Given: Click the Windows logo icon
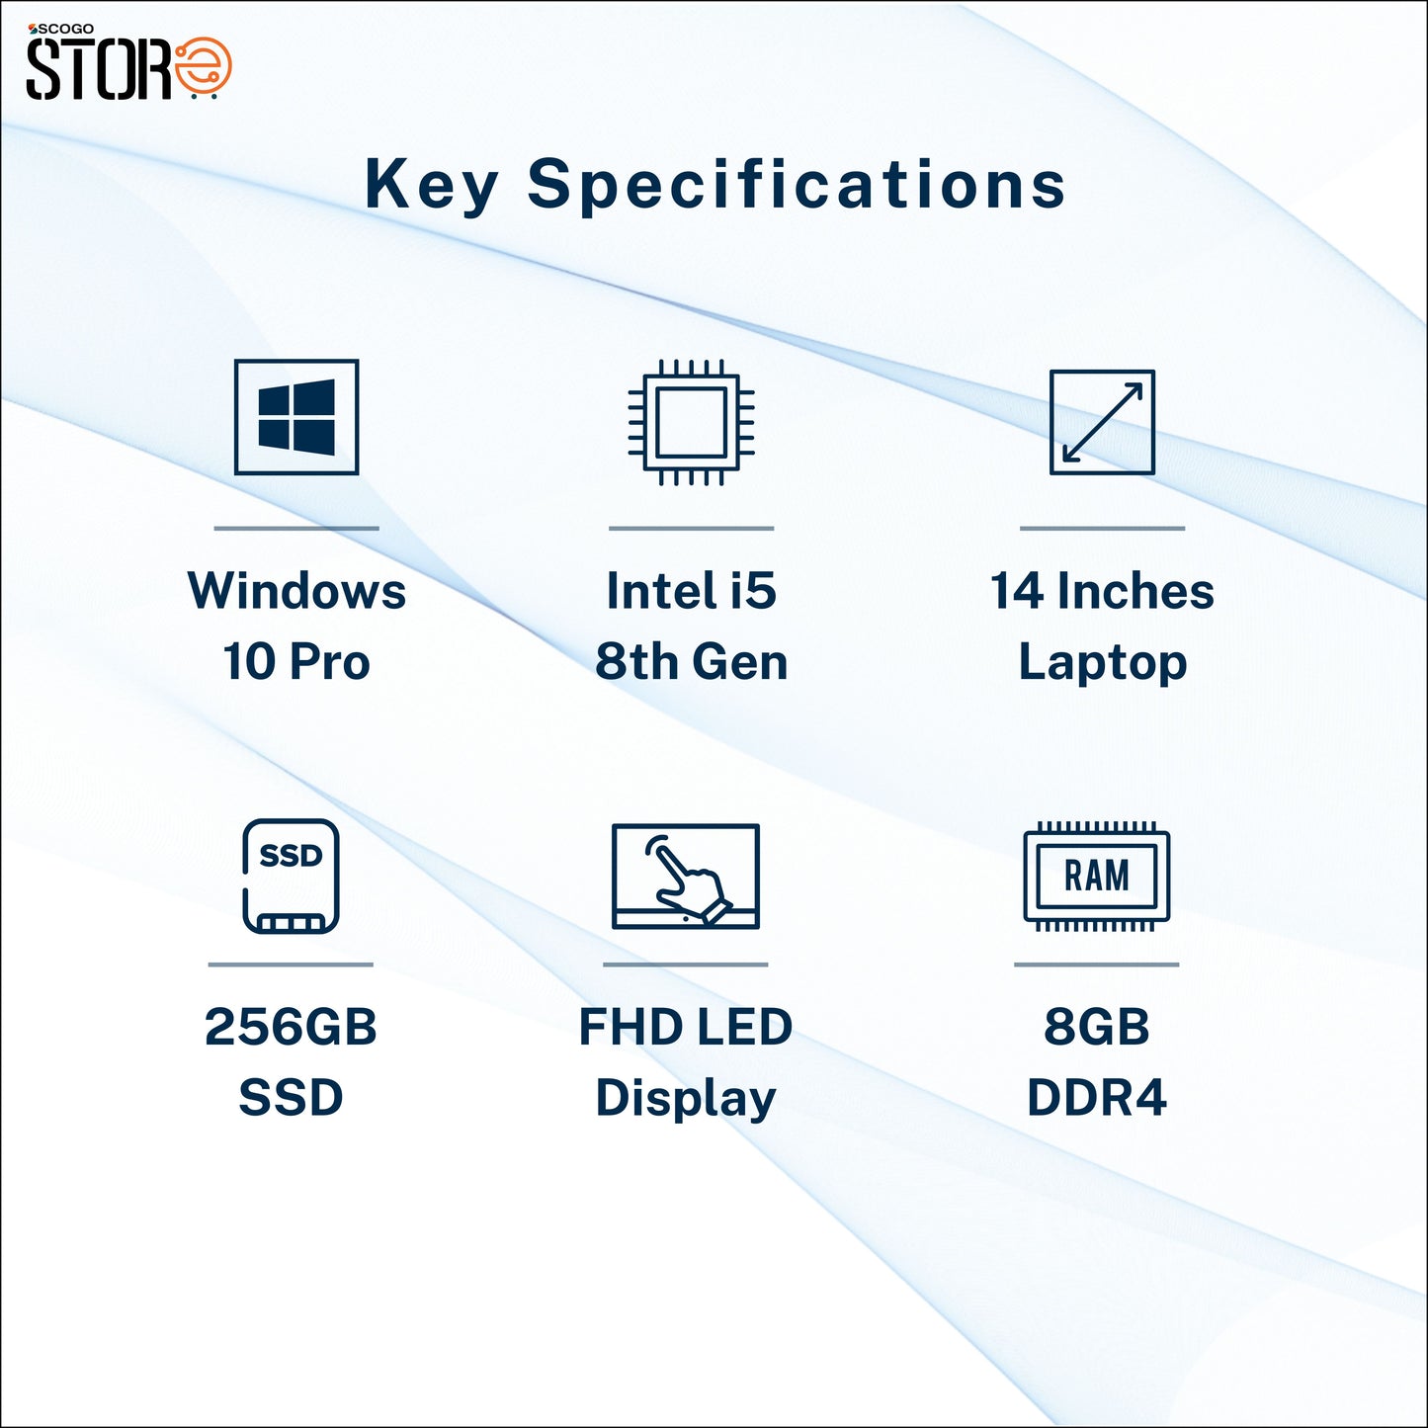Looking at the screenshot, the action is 296,416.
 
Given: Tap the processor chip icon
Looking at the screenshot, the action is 692,422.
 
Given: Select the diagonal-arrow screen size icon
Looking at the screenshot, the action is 1102,422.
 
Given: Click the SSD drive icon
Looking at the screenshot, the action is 292,876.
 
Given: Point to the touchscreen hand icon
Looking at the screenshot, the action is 686,876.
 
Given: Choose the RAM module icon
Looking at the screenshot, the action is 1097,876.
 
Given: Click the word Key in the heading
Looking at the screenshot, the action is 431,185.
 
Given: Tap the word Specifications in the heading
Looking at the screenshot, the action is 797,185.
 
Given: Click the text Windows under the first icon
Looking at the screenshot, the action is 296,591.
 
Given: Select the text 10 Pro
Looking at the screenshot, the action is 296,661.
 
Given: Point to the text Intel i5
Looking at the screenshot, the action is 692,591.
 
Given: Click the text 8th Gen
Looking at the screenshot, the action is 692,661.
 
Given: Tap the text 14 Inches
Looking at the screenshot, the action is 1102,591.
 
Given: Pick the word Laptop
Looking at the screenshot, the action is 1102,662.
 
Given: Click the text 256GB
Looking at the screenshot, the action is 292,1027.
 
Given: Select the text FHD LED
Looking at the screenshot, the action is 686,1027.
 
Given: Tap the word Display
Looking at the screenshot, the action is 686,1098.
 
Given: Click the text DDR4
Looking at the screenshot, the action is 1097,1097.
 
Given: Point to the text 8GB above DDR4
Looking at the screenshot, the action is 1097,1027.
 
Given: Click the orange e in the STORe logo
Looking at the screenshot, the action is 203,66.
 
